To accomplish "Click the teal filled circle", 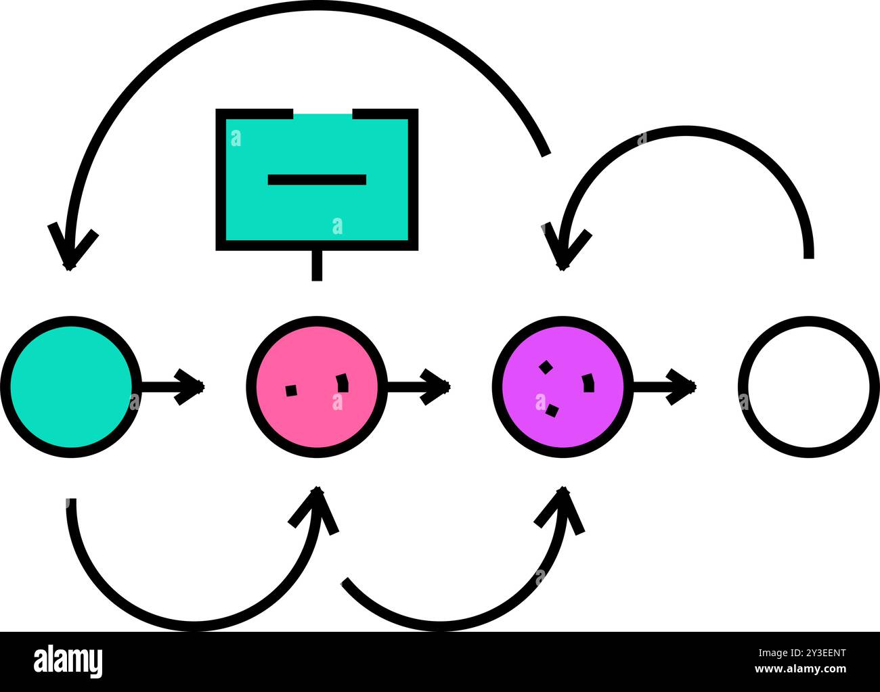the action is click(71, 386).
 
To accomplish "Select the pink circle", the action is click(317, 386).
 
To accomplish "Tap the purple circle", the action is click(563, 386).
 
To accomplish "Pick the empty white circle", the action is click(809, 386).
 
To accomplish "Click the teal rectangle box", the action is click(317, 179).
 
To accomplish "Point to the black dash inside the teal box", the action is click(317, 179).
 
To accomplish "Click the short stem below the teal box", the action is click(317, 266).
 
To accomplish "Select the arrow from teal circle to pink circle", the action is click(173, 387).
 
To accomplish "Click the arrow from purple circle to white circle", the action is click(665, 387).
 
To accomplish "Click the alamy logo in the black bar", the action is click(68, 662).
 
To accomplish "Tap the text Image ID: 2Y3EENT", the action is click(802, 653).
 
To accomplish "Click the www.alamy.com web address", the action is click(800, 669).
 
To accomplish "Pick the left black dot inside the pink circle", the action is click(291, 390).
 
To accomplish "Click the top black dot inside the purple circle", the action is click(546, 367).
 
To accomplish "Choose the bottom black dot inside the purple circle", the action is click(552, 411).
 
